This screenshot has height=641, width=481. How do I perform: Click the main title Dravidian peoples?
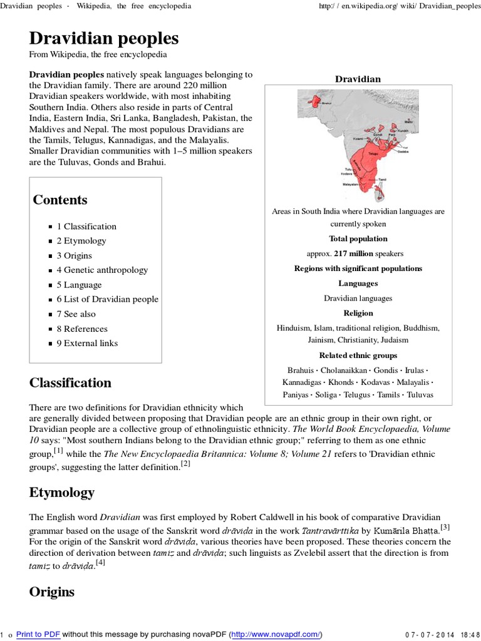(104, 38)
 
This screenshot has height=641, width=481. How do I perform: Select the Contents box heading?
(60, 200)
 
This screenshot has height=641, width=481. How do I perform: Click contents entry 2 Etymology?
(81, 241)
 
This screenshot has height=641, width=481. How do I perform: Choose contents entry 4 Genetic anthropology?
(102, 270)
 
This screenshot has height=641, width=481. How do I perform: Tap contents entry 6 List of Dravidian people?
(107, 299)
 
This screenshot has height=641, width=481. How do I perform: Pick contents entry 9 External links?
(87, 343)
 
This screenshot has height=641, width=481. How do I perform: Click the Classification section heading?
(70, 382)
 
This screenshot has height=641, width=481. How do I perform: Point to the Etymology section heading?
(62, 493)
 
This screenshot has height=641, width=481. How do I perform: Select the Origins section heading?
(51, 592)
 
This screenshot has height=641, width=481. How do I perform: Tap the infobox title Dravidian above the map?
(358, 79)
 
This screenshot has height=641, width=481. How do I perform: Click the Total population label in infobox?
(358, 238)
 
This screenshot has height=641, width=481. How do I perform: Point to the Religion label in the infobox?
(358, 313)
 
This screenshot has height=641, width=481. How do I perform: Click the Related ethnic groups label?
(358, 356)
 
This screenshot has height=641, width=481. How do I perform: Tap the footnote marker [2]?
(185, 464)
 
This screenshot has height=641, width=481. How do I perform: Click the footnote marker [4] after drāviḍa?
(100, 563)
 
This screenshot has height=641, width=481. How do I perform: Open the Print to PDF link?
(38, 634)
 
